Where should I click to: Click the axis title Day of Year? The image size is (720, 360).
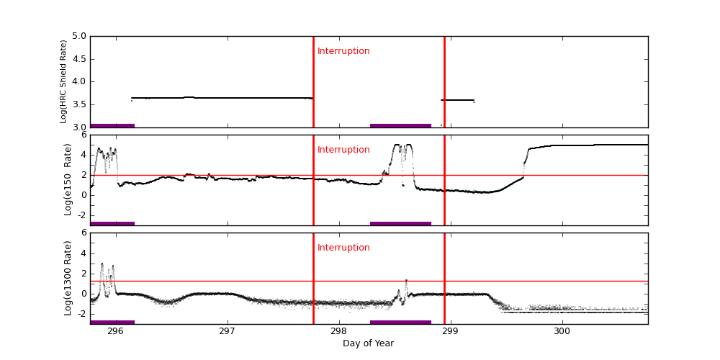pyautogui.click(x=368, y=343)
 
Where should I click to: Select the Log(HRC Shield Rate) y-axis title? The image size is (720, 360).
pyautogui.click(x=63, y=81)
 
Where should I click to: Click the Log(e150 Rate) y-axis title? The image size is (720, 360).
pyautogui.click(x=68, y=179)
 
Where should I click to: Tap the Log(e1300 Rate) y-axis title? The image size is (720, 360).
pyautogui.click(x=68, y=278)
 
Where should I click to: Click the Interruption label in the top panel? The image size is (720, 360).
pyautogui.click(x=343, y=51)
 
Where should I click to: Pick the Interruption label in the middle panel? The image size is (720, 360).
pyautogui.click(x=343, y=150)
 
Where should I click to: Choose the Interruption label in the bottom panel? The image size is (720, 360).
pyautogui.click(x=343, y=248)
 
